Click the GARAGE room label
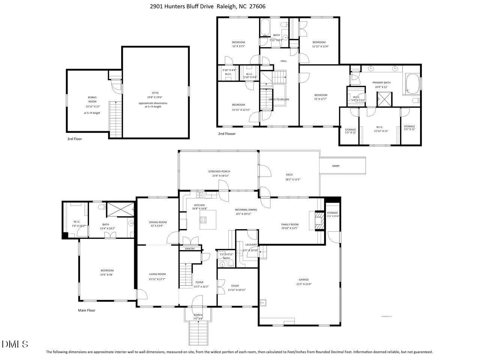tap(303, 279)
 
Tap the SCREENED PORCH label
tap(219, 171)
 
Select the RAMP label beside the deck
tap(336, 166)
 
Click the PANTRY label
tap(190, 249)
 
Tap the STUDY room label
tap(235, 286)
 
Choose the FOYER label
tap(199, 282)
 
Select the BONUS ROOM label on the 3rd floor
tap(92, 99)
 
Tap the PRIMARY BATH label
tap(381, 82)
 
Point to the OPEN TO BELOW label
tap(279, 99)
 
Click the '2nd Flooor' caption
tap(227, 133)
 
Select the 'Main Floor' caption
tap(87, 310)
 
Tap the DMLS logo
tap(15, 344)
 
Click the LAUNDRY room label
tap(251, 244)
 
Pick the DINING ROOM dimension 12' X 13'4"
tap(157, 226)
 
